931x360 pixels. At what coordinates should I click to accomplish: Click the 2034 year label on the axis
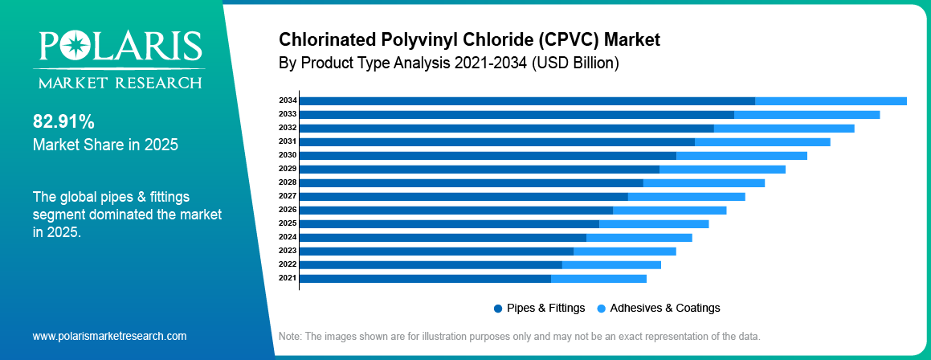click(288, 100)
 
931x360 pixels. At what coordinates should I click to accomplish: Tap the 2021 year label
click(288, 278)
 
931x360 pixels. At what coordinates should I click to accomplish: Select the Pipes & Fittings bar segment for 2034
click(527, 101)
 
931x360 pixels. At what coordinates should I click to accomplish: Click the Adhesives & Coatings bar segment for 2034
click(831, 101)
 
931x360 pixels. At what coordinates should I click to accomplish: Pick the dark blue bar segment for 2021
click(425, 279)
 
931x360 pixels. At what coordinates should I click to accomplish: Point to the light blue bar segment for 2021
click(598, 279)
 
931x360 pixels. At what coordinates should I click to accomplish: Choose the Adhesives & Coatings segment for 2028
click(704, 183)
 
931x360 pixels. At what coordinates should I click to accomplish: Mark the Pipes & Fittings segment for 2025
click(449, 223)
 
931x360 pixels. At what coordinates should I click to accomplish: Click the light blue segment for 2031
click(762, 142)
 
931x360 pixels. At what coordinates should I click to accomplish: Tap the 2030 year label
click(288, 155)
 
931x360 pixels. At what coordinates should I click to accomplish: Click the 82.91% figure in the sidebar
click(63, 122)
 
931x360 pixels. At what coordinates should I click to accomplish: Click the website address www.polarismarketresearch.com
click(109, 336)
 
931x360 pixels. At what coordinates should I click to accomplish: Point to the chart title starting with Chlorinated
click(469, 39)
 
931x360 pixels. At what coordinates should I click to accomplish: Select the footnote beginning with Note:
click(518, 336)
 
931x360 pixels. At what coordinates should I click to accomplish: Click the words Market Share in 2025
click(105, 145)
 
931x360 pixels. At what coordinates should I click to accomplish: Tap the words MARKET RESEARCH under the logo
click(117, 83)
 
